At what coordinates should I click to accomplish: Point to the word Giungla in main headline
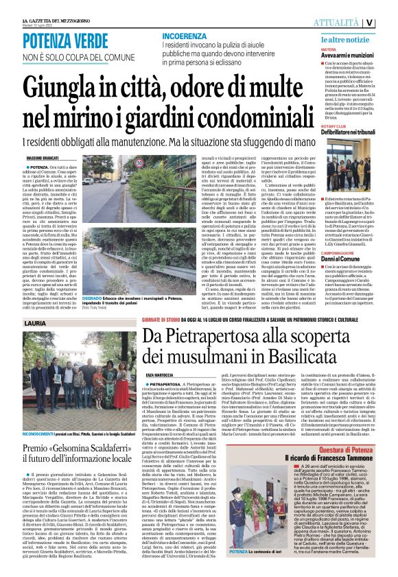pos(54,87)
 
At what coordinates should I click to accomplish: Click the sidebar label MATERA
pos(329,50)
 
